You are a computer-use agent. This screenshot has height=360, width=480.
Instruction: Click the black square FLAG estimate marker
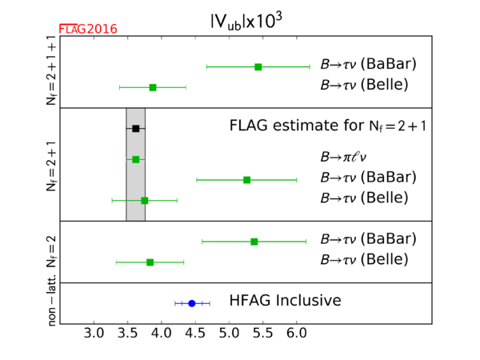(136, 128)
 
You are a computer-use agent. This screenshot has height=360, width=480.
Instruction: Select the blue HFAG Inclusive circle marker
(192, 303)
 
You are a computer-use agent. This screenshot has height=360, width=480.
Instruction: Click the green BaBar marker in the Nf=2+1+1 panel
(258, 66)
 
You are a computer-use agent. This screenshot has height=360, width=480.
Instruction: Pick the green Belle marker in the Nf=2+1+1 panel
(153, 86)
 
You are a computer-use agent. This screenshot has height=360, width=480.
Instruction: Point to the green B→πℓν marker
(136, 159)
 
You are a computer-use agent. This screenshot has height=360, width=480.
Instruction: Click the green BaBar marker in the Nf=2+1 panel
(246, 179)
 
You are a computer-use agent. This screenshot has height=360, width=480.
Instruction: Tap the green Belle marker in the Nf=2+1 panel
(144, 200)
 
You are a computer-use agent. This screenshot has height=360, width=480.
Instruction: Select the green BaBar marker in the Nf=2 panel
(254, 241)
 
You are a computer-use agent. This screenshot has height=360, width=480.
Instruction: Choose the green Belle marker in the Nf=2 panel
(150, 262)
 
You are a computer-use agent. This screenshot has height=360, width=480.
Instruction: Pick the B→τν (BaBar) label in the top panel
(368, 64)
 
